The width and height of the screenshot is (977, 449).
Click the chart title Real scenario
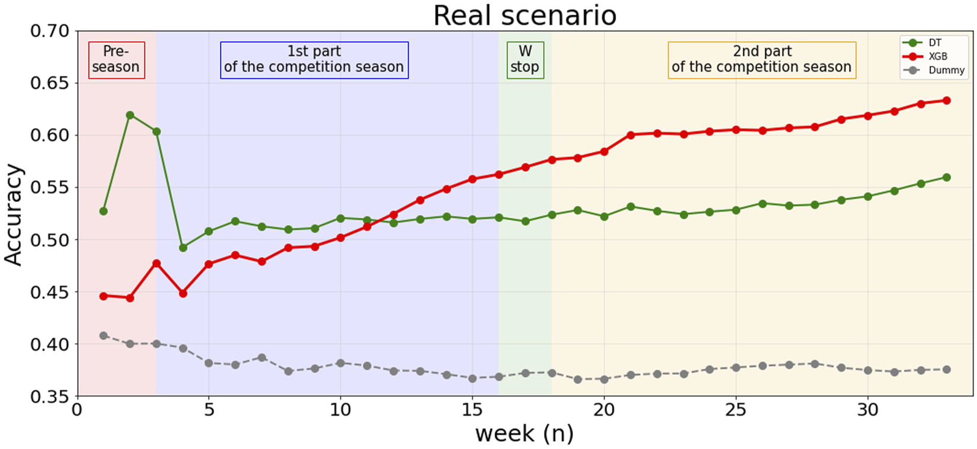pyautogui.click(x=524, y=15)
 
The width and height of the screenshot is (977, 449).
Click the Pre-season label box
pyautogui.click(x=116, y=59)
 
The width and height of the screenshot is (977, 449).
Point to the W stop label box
pyautogui.click(x=525, y=59)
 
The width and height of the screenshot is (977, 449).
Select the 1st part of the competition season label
pyautogui.click(x=314, y=59)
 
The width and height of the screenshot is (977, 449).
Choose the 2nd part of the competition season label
pyautogui.click(x=762, y=59)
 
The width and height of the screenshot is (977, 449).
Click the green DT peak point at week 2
pyautogui.click(x=130, y=115)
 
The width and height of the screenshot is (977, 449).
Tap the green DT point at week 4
pyautogui.click(x=182, y=248)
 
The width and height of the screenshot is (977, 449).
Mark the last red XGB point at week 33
pyautogui.click(x=946, y=101)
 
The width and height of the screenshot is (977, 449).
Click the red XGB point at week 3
pyautogui.click(x=156, y=264)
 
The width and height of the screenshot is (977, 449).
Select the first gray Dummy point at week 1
pyautogui.click(x=104, y=336)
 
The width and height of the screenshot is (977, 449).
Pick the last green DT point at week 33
pyautogui.click(x=946, y=177)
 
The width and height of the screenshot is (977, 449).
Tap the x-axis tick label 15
pyautogui.click(x=472, y=410)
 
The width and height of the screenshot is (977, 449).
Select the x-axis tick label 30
pyautogui.click(x=867, y=410)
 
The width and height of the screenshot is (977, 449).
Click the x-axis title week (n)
pyautogui.click(x=524, y=434)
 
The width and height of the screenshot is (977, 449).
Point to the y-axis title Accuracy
pyautogui.click(x=13, y=214)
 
